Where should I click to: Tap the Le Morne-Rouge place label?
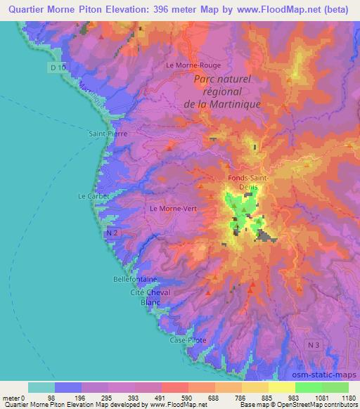189,65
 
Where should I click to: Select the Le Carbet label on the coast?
93,195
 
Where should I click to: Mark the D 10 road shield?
60,67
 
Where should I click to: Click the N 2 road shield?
111,231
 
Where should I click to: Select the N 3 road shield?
314,344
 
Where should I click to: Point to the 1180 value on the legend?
347,398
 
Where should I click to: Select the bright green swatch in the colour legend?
308,387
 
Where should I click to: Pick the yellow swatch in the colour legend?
281,387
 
